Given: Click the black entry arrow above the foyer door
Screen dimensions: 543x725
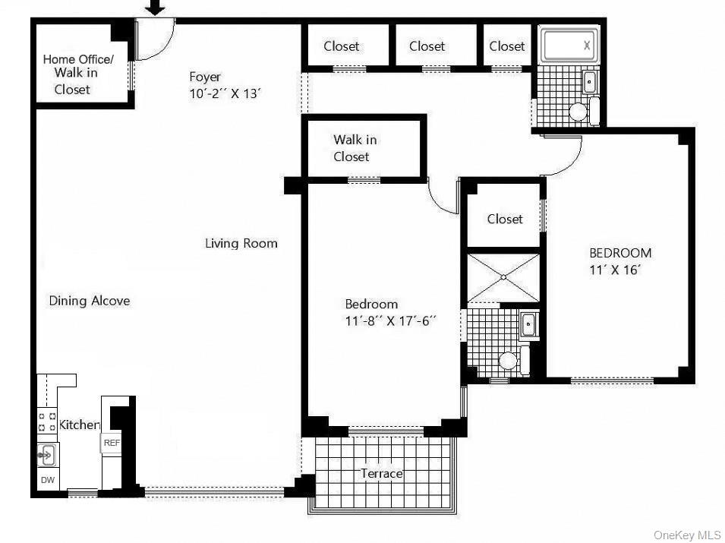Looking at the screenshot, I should click(155, 8).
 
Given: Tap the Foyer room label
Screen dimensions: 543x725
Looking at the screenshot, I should click(205, 77).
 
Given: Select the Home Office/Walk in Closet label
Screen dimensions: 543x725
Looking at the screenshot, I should click(77, 74).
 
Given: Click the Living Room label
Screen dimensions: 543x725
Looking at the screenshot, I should click(241, 244).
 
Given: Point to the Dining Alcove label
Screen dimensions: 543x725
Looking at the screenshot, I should click(90, 301).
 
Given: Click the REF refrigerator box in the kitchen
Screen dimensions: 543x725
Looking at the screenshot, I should click(112, 443).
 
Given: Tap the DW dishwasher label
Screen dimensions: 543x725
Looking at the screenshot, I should click(47, 480).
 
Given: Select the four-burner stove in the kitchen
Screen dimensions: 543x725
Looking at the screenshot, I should click(47, 421).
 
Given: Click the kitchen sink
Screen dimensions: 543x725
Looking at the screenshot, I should click(47, 455).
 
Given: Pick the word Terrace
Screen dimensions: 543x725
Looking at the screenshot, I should click(381, 474).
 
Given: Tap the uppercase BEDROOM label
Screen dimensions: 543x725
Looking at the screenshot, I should click(620, 253).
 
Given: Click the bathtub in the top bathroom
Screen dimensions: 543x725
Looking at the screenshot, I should click(569, 46).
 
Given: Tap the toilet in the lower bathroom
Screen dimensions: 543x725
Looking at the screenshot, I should click(509, 360).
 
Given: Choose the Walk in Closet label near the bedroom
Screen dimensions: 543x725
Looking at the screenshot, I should click(355, 148).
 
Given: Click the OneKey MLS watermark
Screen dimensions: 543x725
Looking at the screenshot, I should click(689, 535).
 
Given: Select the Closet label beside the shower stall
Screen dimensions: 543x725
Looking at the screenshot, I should click(505, 219).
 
